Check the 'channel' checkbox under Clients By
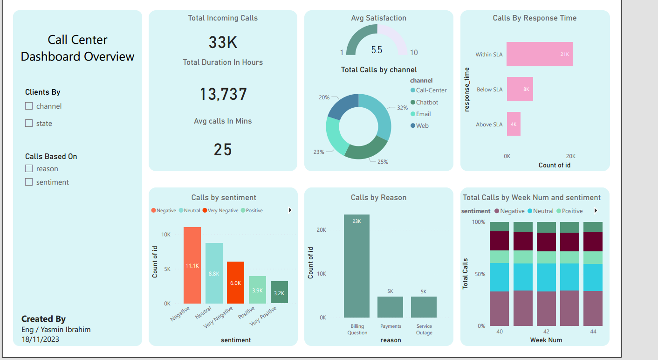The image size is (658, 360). click(29, 106)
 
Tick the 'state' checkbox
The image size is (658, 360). click(29, 123)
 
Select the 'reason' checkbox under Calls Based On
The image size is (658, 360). click(29, 168)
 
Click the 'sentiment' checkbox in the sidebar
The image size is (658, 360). click(29, 182)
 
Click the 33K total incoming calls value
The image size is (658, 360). click(223, 42)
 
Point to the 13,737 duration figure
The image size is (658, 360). click(223, 94)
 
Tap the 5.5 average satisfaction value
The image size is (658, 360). click(377, 49)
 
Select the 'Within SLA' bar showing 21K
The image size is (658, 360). click(540, 54)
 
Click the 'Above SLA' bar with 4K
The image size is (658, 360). click(514, 124)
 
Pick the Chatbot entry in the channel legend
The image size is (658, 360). click(426, 102)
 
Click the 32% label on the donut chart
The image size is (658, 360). click(402, 108)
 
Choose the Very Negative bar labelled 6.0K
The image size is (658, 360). click(235, 283)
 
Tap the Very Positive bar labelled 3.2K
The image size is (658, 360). click(279, 292)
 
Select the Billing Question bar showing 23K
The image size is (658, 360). click(356, 266)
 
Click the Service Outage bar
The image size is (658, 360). click(424, 307)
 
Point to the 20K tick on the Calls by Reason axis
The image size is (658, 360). click(321, 230)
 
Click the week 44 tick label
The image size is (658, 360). click(593, 331)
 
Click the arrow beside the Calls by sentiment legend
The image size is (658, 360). click(290, 210)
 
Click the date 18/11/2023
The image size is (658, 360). click(41, 339)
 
